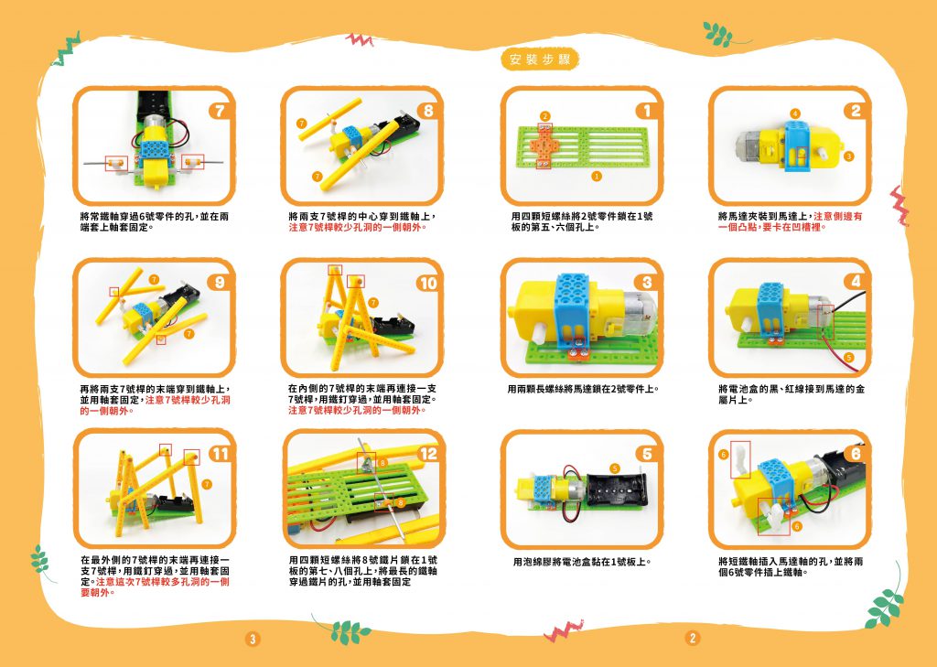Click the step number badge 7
220,111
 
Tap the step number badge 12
428,454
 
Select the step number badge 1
647,111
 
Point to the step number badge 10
428,284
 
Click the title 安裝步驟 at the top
540,59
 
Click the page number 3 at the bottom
253,639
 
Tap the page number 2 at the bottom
692,638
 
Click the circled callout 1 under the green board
596,176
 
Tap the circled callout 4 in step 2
794,113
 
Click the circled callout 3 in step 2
848,156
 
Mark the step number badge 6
856,454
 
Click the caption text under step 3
583,390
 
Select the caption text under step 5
581,562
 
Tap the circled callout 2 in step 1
544,116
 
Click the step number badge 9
220,282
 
